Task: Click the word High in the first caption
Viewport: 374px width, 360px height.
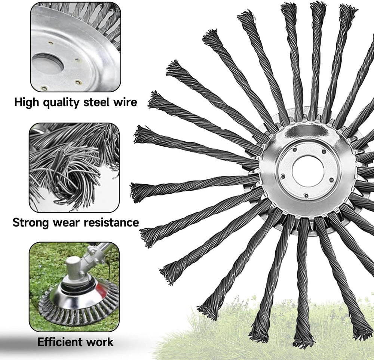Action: pyautogui.click(x=27, y=102)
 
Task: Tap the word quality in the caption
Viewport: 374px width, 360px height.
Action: pyautogui.click(x=61, y=102)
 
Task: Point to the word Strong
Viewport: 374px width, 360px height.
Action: pyautogui.click(x=31, y=223)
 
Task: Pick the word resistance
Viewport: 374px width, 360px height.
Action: pyautogui.click(x=111, y=223)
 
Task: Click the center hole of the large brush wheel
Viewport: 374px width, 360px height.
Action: pyautogui.click(x=308, y=171)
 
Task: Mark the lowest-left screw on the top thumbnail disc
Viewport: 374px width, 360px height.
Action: pyautogui.click(x=44, y=88)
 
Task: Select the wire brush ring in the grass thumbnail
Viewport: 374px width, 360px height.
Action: pyautogui.click(x=79, y=310)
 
